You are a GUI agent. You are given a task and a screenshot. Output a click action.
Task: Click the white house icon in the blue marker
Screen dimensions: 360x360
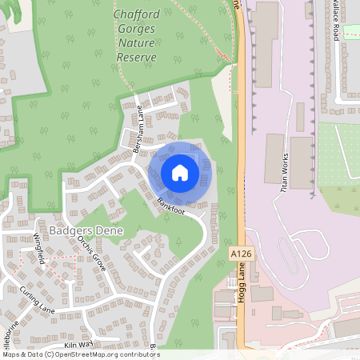coord(180,172)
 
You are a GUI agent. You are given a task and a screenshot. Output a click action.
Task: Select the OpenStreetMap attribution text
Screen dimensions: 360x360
coord(80,354)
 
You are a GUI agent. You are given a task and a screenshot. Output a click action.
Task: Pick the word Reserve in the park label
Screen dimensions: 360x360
coord(135,58)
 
